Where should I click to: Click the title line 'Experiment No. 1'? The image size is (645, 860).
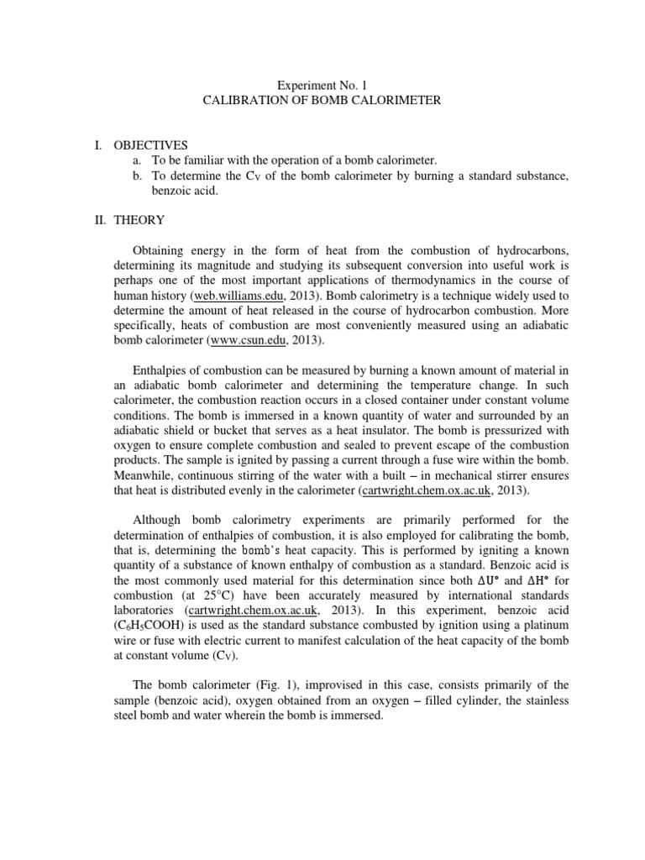[x=322, y=85]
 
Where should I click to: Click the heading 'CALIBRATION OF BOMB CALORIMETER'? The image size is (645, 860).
[x=322, y=101]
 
